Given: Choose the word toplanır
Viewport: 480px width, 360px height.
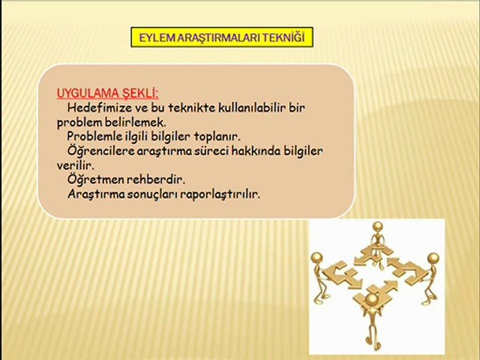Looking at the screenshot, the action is [x=217, y=136].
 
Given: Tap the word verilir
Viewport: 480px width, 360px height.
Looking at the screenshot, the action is [x=75, y=165].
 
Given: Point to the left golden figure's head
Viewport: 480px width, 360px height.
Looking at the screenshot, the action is [x=317, y=257].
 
